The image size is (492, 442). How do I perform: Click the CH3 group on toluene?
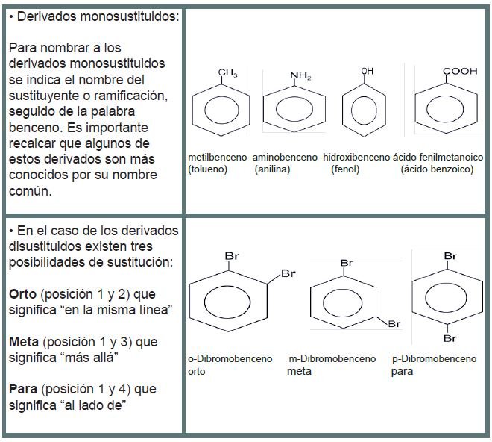(x=227, y=72)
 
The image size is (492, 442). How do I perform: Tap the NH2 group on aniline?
(x=301, y=75)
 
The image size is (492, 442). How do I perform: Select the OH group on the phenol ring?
(x=367, y=70)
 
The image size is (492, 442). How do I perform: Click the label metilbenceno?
(x=218, y=158)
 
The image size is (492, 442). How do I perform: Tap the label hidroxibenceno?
(x=356, y=158)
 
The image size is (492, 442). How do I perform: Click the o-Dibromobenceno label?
(x=230, y=359)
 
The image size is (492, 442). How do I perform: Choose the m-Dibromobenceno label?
(x=332, y=359)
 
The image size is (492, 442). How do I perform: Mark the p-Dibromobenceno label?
(x=433, y=359)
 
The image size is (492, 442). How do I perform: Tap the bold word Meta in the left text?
(x=25, y=341)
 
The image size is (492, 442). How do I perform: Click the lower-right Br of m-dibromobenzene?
(x=394, y=323)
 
